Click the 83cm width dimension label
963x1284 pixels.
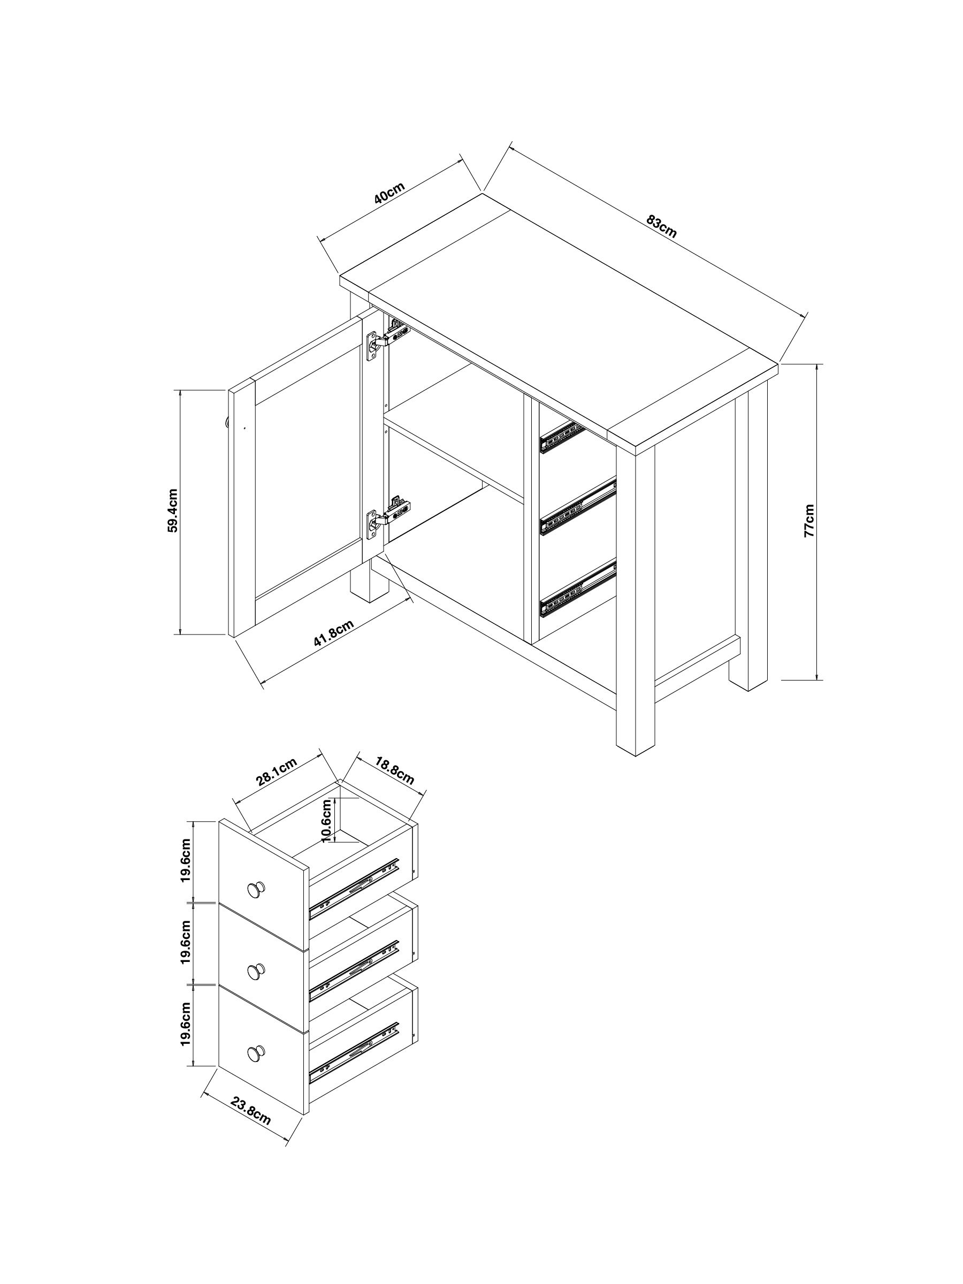pyautogui.click(x=661, y=226)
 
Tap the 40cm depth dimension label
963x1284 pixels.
pyautogui.click(x=388, y=193)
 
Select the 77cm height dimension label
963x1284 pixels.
pyautogui.click(x=809, y=521)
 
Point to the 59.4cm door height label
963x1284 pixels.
pyautogui.click(x=173, y=510)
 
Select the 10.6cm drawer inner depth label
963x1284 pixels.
pyautogui.click(x=327, y=820)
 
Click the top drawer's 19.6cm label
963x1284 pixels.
pyautogui.click(x=185, y=860)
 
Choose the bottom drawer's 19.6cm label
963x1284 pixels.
pyautogui.click(x=185, y=1023)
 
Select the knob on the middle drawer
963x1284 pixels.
pyautogui.click(x=256, y=971)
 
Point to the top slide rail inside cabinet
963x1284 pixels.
pyautogui.click(x=562, y=437)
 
